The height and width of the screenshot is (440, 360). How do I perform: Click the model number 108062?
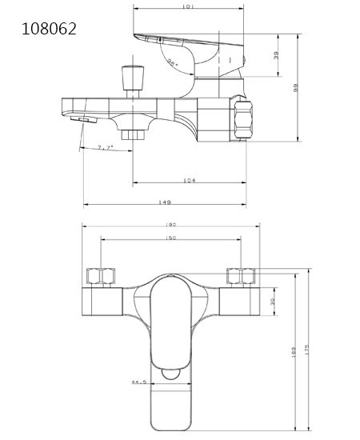click(50, 30)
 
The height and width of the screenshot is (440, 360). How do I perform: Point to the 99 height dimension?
click(296, 88)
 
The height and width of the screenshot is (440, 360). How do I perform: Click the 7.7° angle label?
click(105, 148)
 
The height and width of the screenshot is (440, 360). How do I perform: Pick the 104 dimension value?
click(190, 181)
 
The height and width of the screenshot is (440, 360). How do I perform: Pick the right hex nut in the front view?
click(238, 278)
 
